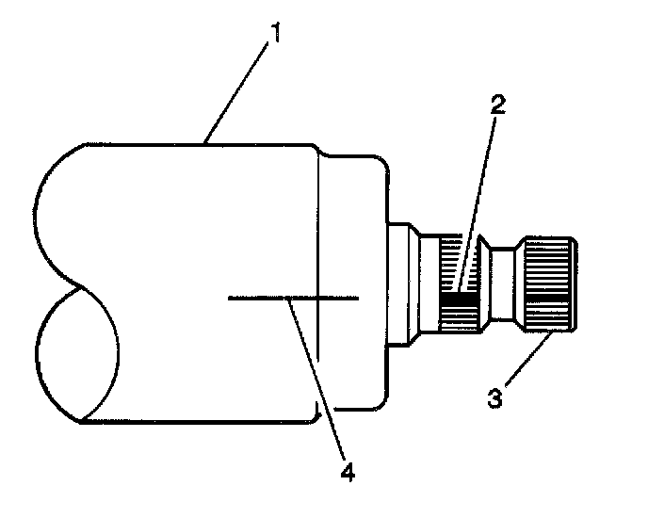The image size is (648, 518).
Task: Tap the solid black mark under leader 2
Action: pos(456,302)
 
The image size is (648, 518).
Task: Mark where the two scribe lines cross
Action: pos(318,298)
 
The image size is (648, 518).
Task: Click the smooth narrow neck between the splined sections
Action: pos(502,283)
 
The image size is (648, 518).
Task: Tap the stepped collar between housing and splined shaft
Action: pos(403,283)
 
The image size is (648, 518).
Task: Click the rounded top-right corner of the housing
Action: pos(377,167)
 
